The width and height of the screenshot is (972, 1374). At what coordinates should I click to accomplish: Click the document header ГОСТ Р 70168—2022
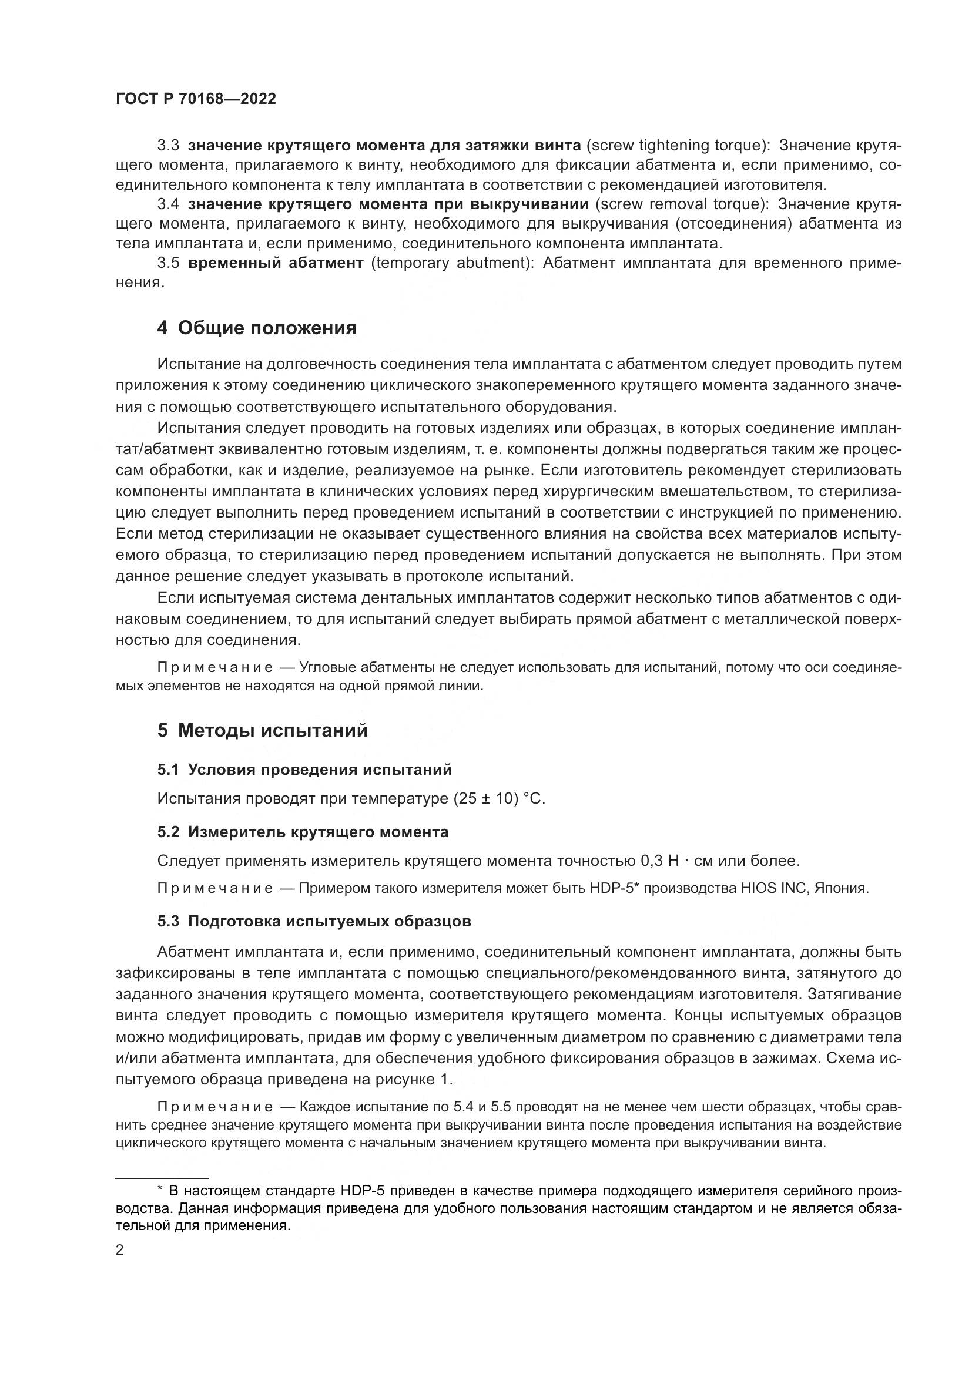(x=196, y=99)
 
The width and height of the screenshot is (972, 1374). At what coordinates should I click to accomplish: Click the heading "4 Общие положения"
(x=257, y=328)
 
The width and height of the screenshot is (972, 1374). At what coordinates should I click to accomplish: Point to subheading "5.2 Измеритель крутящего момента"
(x=302, y=832)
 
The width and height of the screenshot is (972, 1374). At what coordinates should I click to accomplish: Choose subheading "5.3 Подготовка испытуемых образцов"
(x=314, y=921)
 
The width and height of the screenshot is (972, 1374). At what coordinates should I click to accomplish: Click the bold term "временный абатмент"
(x=275, y=263)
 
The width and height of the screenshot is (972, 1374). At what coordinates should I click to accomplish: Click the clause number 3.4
(x=168, y=204)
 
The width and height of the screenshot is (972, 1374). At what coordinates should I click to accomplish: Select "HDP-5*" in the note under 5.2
(x=615, y=888)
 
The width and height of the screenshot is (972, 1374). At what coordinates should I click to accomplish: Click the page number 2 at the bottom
(x=120, y=1250)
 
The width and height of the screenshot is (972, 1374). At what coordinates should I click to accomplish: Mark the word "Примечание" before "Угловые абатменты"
(x=215, y=668)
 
